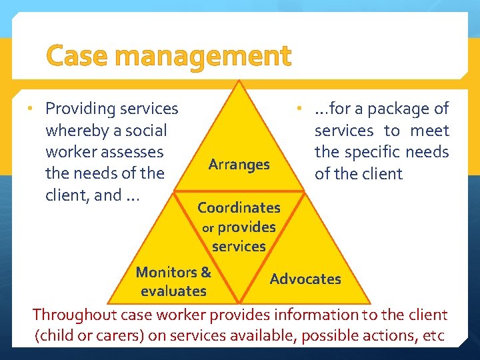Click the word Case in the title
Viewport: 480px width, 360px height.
click(76, 56)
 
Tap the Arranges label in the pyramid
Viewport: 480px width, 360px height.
click(239, 164)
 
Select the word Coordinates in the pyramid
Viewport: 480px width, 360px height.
click(239, 207)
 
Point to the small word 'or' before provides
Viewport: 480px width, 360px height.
click(207, 228)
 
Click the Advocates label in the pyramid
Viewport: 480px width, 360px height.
click(305, 279)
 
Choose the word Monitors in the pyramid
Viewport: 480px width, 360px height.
click(165, 272)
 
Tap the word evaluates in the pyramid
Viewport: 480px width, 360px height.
click(173, 291)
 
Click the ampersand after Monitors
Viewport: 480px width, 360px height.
click(205, 272)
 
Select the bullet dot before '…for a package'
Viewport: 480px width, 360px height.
click(301, 108)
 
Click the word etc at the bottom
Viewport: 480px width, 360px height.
click(433, 336)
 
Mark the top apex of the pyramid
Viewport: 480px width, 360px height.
click(239, 81)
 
